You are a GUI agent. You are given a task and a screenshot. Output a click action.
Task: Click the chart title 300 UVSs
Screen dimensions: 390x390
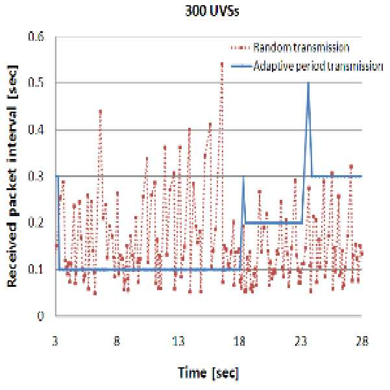pyautogui.click(x=212, y=11)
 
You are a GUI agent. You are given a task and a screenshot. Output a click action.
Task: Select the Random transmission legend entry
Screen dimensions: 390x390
pyautogui.click(x=290, y=47)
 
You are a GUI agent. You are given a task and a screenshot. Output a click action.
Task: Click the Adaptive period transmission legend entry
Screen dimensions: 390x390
pyautogui.click(x=307, y=66)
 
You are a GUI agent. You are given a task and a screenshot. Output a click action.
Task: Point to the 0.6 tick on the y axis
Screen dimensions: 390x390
pyautogui.click(x=36, y=36)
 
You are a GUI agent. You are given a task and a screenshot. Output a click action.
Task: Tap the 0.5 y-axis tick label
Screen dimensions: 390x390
pyautogui.click(x=36, y=83)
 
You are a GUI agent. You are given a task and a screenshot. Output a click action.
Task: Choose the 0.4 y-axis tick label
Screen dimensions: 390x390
pyautogui.click(x=36, y=130)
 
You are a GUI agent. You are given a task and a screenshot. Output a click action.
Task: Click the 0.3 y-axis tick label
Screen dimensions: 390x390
pyautogui.click(x=36, y=176)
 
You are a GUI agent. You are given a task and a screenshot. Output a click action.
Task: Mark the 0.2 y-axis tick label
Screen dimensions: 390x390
pyautogui.click(x=36, y=223)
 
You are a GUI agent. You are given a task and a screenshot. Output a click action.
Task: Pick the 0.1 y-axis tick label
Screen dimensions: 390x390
pyautogui.click(x=36, y=269)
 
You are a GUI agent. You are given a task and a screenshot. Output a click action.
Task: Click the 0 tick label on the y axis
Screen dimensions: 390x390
pyautogui.click(x=40, y=316)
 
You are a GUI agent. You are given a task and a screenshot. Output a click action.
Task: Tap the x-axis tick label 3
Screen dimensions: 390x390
pyautogui.click(x=55, y=341)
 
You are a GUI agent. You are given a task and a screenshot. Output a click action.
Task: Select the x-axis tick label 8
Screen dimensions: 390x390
pyautogui.click(x=117, y=341)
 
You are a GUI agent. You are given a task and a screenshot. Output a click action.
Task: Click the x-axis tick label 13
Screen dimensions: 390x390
pyautogui.click(x=178, y=341)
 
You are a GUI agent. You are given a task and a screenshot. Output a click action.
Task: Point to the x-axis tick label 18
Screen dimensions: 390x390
pyautogui.click(x=239, y=341)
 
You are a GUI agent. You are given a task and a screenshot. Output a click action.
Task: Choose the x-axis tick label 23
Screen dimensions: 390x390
pyautogui.click(x=300, y=341)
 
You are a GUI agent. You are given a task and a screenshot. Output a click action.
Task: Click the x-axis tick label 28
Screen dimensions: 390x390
pyautogui.click(x=362, y=341)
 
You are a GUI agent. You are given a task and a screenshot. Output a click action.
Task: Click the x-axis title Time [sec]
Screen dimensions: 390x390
pyautogui.click(x=208, y=373)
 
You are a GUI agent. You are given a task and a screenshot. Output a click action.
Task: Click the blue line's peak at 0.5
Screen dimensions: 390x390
pyautogui.click(x=308, y=83)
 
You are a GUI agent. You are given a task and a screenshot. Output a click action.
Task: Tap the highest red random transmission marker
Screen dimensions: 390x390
pyautogui.click(x=222, y=64)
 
